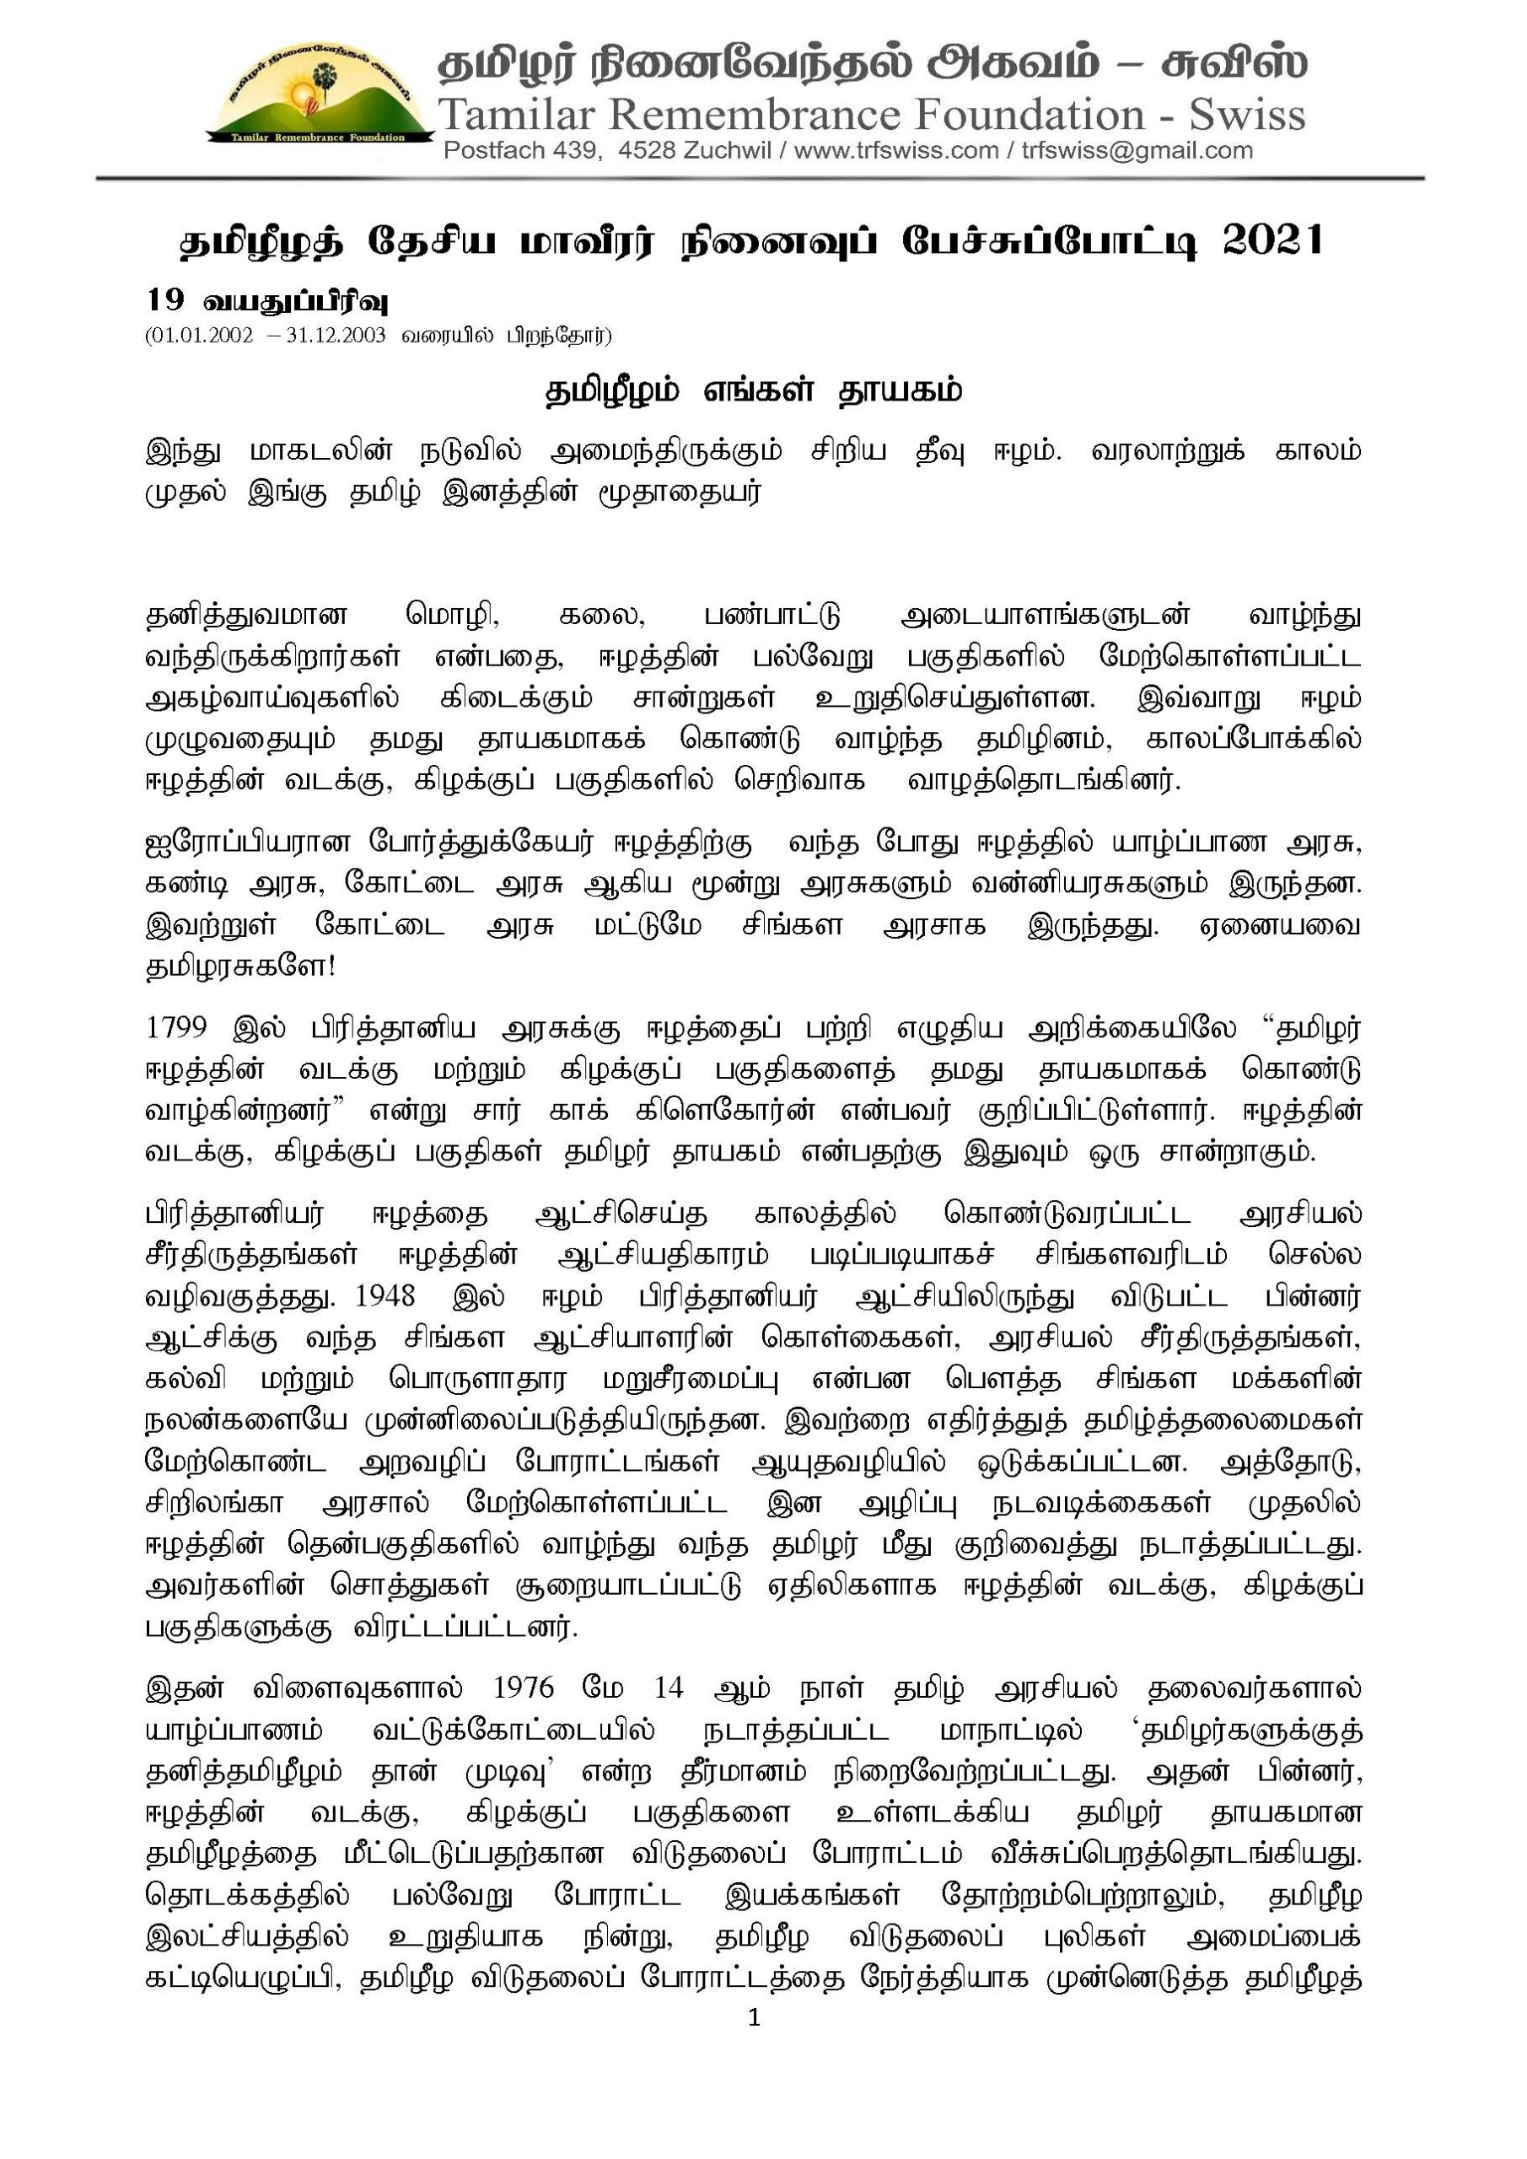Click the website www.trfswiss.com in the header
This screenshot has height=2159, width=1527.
pos(896,150)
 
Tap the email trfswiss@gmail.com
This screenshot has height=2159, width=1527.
pos(1137,150)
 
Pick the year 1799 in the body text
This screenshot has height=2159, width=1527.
pos(176,1028)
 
